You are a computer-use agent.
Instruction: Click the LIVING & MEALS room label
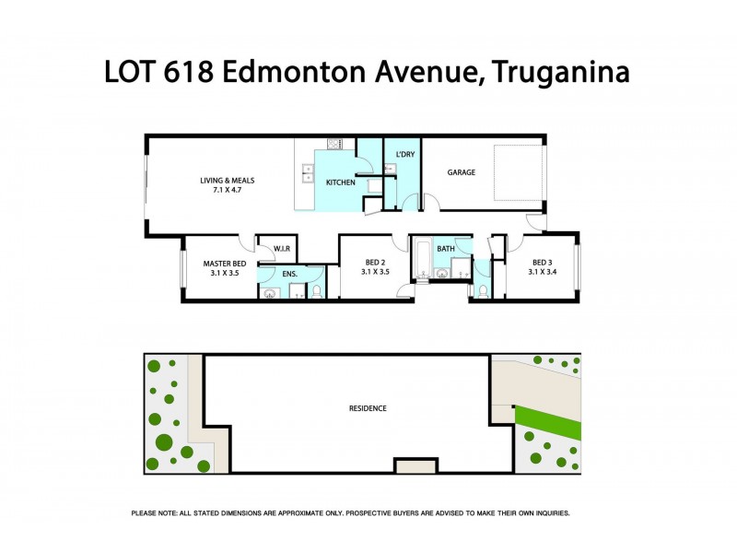(228, 181)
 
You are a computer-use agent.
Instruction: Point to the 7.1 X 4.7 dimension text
(228, 192)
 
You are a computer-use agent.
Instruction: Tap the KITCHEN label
(341, 182)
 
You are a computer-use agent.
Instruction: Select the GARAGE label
(462, 172)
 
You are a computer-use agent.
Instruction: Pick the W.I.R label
(280, 249)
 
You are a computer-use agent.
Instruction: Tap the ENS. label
(289, 274)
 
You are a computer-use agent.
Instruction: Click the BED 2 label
(375, 262)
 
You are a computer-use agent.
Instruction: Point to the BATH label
(446, 249)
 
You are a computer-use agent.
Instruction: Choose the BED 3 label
(542, 262)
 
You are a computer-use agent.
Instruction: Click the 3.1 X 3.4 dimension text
(542, 272)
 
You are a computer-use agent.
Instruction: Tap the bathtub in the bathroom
(422, 258)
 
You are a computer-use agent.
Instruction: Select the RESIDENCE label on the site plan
(368, 408)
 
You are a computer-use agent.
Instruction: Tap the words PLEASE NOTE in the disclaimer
(157, 512)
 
